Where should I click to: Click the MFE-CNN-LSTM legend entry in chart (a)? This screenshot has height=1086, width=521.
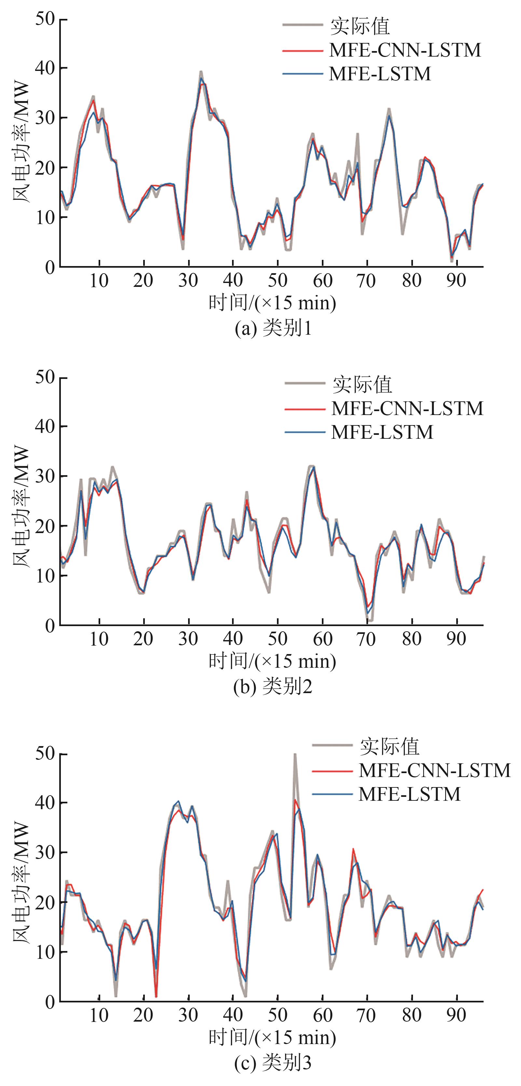click(404, 50)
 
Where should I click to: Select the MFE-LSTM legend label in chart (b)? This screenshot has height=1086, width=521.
click(382, 432)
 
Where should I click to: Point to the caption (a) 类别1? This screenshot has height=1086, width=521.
click(273, 328)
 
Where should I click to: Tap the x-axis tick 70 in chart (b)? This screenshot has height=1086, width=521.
click(366, 639)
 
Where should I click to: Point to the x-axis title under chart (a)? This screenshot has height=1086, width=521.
click(272, 303)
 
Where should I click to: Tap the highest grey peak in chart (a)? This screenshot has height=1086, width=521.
click(201, 72)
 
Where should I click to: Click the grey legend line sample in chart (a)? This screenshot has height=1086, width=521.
click(302, 26)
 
